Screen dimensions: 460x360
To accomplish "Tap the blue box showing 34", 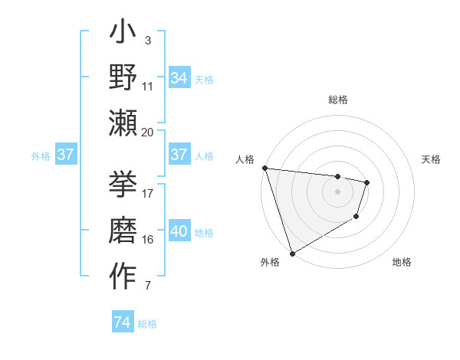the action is [x=179, y=77].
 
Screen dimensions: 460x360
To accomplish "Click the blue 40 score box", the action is [x=179, y=231].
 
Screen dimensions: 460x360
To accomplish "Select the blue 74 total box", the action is [x=122, y=322].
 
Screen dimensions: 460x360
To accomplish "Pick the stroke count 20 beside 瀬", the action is [x=148, y=132].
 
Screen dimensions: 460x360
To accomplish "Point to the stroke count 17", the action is [x=148, y=193].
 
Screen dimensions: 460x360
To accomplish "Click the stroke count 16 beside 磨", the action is [x=148, y=239].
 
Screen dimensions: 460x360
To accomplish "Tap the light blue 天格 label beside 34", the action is [x=204, y=79].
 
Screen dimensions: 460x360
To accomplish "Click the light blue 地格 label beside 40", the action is [x=204, y=233].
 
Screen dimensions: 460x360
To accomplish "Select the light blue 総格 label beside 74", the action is [x=147, y=324].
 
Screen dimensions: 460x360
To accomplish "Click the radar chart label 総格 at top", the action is [x=338, y=100].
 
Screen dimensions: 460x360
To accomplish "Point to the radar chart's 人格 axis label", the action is [x=245, y=159].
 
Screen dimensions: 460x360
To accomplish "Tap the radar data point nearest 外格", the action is [x=292, y=253].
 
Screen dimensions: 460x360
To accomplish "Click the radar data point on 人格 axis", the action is [x=264, y=168].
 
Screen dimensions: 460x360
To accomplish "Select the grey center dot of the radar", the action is [x=338, y=191].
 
